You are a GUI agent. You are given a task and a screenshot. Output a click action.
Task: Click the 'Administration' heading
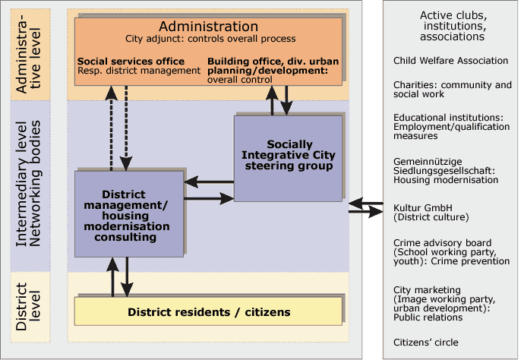click(209, 27)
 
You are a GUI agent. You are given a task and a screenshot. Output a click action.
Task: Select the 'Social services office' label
click(131, 62)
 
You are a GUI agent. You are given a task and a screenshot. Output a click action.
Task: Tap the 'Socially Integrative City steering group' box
click(288, 159)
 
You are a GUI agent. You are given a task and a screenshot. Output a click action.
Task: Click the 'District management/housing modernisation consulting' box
click(129, 214)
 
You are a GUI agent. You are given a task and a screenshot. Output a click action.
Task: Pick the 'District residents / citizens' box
click(208, 311)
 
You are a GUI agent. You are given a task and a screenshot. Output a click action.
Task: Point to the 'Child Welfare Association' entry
click(450, 61)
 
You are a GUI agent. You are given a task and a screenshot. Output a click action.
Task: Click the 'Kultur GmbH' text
click(423, 207)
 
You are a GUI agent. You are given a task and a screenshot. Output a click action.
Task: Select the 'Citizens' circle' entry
click(426, 343)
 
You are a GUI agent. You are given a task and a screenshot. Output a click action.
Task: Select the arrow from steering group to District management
click(209, 182)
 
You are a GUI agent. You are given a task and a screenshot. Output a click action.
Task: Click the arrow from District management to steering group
click(209, 198)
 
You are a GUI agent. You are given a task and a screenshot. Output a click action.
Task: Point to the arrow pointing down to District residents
click(127, 277)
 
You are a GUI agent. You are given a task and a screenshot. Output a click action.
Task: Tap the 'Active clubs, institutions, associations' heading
click(453, 26)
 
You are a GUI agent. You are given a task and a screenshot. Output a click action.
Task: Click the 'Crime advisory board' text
click(443, 243)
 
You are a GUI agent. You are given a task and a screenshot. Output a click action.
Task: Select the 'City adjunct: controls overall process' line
click(210, 39)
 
